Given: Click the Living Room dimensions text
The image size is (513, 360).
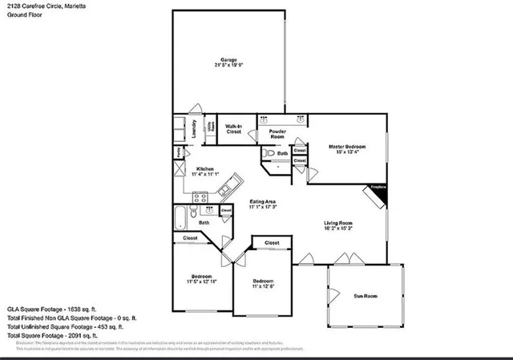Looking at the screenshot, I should coord(338,229).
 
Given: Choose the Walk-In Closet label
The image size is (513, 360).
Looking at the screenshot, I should coord(234,129).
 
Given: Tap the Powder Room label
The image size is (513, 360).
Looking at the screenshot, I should coord(277,134).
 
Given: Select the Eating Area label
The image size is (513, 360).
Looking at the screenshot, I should coord(263,201).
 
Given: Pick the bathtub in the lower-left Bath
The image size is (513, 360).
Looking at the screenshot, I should coord(181,218).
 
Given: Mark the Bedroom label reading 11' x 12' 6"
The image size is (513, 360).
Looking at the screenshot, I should coord(265,285).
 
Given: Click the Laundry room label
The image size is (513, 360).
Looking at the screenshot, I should coord(194,128).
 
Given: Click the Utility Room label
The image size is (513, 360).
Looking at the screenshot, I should coord(211,127).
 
